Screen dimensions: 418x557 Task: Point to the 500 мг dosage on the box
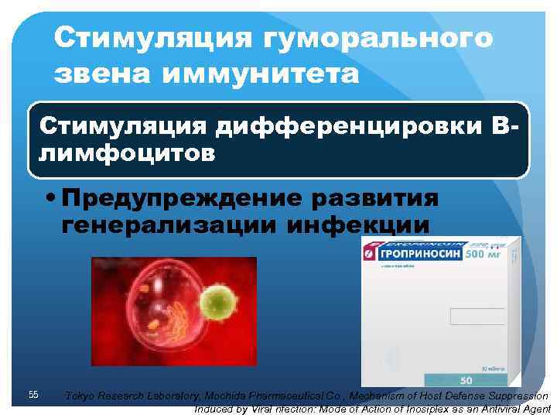pos(482,253)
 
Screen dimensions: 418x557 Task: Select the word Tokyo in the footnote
pos(80,396)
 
